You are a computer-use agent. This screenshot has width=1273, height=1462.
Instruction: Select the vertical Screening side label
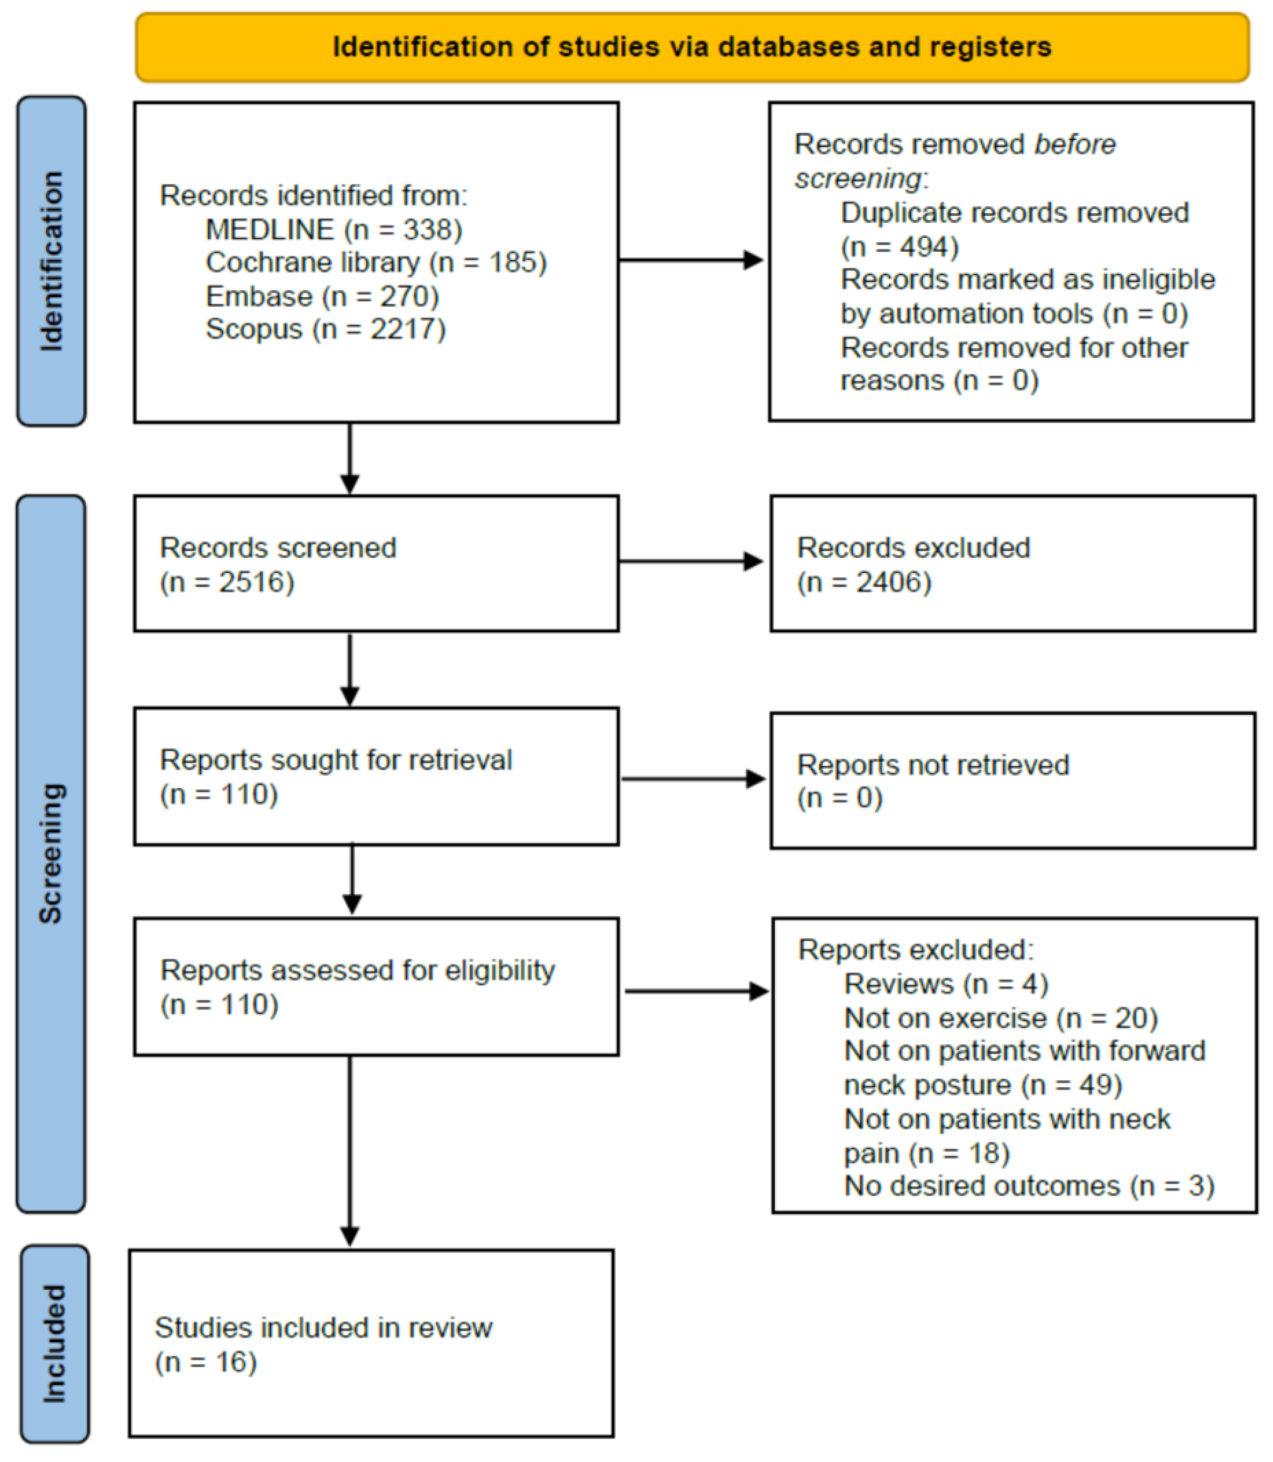(51, 853)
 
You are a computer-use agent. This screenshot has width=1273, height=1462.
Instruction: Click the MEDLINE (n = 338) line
(334, 229)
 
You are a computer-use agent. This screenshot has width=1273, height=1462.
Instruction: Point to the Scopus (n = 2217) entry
(325, 329)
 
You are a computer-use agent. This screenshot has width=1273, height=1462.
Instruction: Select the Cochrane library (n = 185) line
(376, 262)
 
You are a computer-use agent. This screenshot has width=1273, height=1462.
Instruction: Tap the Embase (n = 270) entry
(322, 296)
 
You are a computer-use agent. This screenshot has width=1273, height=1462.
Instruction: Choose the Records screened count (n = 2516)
(227, 582)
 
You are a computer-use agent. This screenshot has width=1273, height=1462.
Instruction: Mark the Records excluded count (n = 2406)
(864, 582)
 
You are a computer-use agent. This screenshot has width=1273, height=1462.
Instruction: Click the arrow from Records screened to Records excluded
(691, 562)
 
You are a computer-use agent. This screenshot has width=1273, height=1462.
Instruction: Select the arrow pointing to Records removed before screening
(691, 260)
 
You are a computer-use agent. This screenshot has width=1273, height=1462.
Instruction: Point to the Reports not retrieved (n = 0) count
(840, 798)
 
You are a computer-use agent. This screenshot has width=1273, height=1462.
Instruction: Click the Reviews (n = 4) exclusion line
(946, 984)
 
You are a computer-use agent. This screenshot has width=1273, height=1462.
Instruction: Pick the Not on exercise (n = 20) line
(1000, 1018)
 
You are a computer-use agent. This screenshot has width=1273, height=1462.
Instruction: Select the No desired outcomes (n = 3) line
(1029, 1186)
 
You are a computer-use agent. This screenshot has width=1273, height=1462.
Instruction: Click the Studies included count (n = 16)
(205, 1362)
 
